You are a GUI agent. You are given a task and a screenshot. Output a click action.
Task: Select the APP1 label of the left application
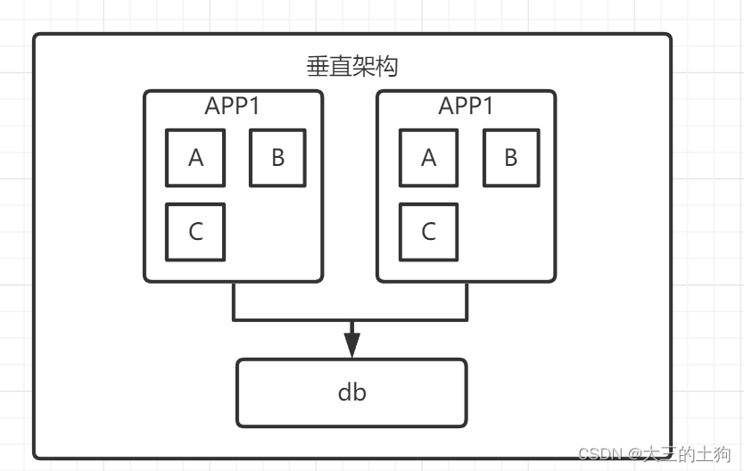point(232,105)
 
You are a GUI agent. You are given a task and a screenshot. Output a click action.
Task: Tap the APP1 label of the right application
point(466,105)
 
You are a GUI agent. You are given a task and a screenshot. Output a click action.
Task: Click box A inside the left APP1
point(195,158)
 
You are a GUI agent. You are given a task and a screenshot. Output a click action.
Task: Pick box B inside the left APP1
point(277,158)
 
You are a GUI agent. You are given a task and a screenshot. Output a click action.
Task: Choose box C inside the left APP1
point(195,232)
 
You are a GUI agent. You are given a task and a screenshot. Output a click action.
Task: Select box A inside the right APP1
point(428,158)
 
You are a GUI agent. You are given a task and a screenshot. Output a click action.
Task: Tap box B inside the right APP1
point(511,158)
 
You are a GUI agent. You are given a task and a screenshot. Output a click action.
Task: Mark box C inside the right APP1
point(428,232)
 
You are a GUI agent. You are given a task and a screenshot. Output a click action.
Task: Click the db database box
point(351,392)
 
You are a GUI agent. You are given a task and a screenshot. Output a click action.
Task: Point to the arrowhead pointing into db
point(351,344)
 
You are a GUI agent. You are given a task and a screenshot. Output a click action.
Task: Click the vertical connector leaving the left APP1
point(234,301)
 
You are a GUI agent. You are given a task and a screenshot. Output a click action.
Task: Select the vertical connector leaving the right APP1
point(467,301)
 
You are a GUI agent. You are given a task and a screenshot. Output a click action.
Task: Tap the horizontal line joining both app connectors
point(351,318)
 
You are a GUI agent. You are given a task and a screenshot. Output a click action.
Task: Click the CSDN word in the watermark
point(597,453)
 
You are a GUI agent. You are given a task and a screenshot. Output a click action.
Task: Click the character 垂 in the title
point(317,67)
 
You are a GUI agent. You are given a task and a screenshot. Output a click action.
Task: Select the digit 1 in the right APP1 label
point(487,105)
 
